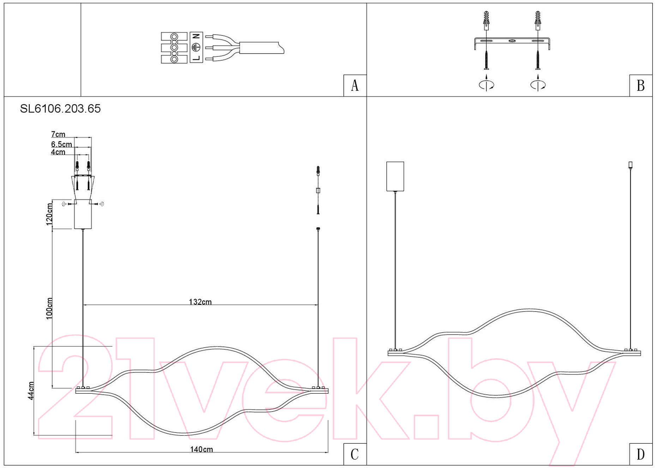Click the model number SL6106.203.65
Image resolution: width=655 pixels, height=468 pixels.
pyautogui.click(x=60, y=109)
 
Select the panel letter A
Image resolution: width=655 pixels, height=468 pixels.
pyautogui.click(x=355, y=86)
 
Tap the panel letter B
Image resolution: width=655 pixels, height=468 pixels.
pyautogui.click(x=641, y=86)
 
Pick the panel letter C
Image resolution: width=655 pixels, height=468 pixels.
pyautogui.click(x=355, y=454)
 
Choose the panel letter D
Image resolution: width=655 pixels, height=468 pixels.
pyautogui.click(x=641, y=454)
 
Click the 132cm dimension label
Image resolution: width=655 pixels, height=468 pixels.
pyautogui.click(x=200, y=302)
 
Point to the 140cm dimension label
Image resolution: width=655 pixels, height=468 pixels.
pyautogui.click(x=202, y=449)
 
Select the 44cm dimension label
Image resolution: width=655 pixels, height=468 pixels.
pyautogui.click(x=31, y=390)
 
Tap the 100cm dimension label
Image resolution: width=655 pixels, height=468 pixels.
pyautogui.click(x=49, y=308)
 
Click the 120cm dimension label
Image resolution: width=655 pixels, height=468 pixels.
pyautogui.click(x=49, y=214)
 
